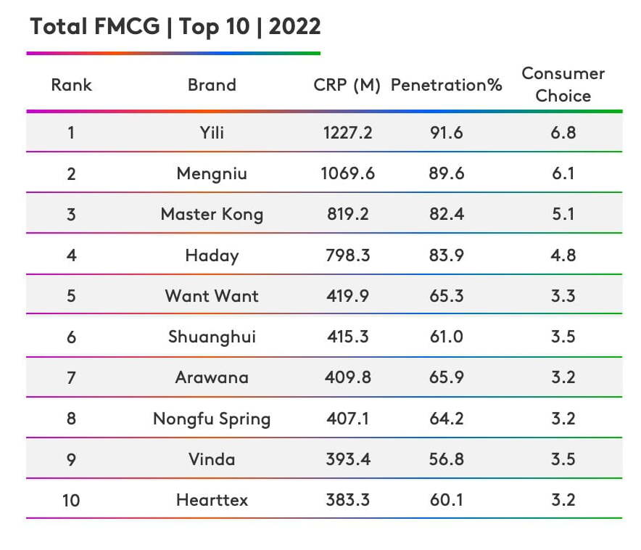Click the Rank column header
click(x=71, y=85)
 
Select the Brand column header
click(x=212, y=85)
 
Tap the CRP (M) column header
click(x=347, y=85)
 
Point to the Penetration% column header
click(x=446, y=85)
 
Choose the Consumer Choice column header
click(x=563, y=84)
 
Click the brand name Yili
click(x=212, y=133)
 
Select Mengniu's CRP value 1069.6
click(x=347, y=173)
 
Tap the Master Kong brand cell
click(x=212, y=215)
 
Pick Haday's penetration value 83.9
click(x=446, y=255)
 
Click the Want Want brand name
click(x=212, y=296)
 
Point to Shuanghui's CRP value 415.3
click(x=347, y=337)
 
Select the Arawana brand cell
click(x=212, y=377)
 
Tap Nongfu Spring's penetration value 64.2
click(x=446, y=419)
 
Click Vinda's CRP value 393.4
click(x=347, y=459)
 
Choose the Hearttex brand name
click(x=212, y=500)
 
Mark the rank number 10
click(x=71, y=500)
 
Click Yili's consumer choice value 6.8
click(x=563, y=133)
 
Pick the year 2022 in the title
click(x=295, y=27)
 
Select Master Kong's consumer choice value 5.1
click(x=563, y=215)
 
